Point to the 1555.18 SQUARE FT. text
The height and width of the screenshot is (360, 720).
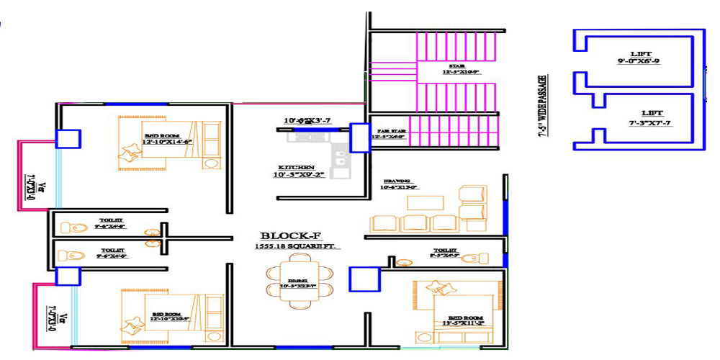[297, 246]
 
